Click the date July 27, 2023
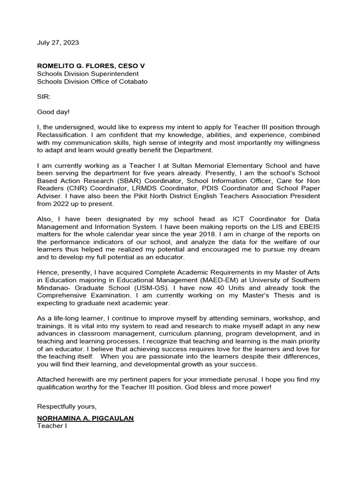(x=58, y=43)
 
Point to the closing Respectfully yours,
(x=67, y=406)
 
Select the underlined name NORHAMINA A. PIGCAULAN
(x=85, y=418)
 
